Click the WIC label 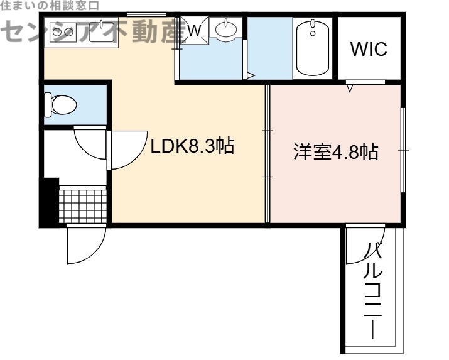click(369, 49)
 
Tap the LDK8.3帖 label click(192, 146)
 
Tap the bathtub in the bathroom click(312, 48)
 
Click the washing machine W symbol click(195, 30)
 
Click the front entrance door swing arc click(85, 245)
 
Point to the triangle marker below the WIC click(350, 89)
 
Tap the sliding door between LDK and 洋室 click(268, 154)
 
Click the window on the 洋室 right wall click(403, 151)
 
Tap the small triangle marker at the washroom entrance click(251, 75)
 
